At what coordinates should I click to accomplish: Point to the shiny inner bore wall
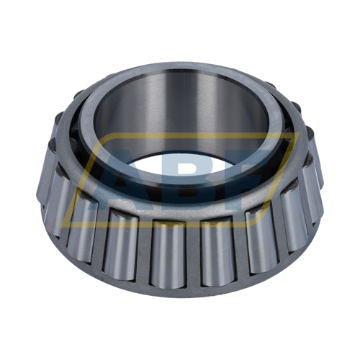click(x=180, y=108)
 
